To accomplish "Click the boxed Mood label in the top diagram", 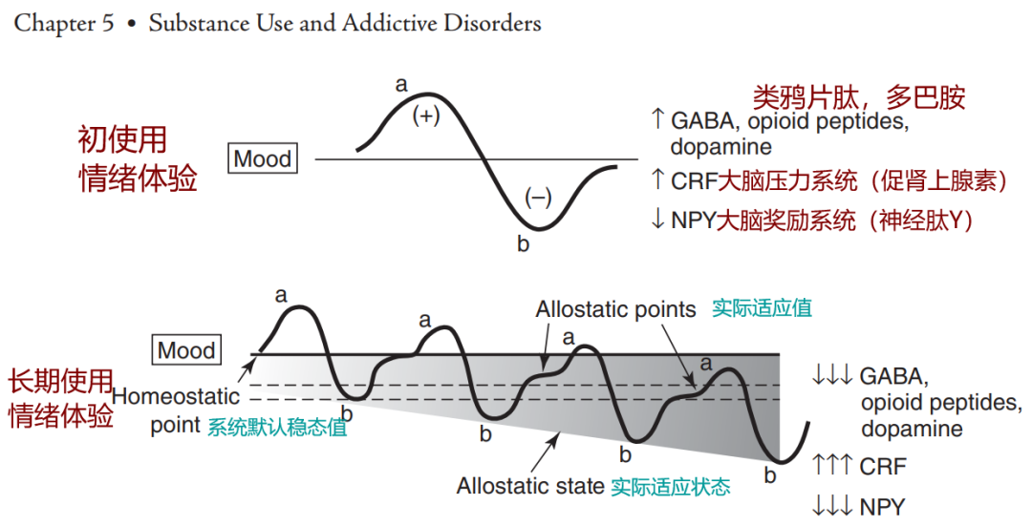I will pyautogui.click(x=262, y=158).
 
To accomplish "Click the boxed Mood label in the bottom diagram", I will pyautogui.click(x=187, y=350).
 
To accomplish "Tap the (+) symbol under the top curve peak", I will pyautogui.click(x=425, y=117).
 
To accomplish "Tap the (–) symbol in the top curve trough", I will pyautogui.click(x=538, y=198).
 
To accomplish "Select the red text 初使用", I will pyautogui.click(x=121, y=140).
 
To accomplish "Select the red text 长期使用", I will pyautogui.click(x=60, y=382).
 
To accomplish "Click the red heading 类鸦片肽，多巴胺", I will pyautogui.click(x=859, y=96).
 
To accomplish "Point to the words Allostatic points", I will pyautogui.click(x=615, y=309).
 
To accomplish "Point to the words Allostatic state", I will pyautogui.click(x=530, y=485).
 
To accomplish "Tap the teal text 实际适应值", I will pyautogui.click(x=762, y=308).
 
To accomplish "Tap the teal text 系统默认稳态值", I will pyautogui.click(x=277, y=428).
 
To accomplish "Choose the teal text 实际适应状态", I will pyautogui.click(x=671, y=486).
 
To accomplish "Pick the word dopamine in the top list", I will pyautogui.click(x=720, y=147).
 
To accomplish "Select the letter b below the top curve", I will pyautogui.click(x=523, y=244).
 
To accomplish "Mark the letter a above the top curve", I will pyautogui.click(x=401, y=85).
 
